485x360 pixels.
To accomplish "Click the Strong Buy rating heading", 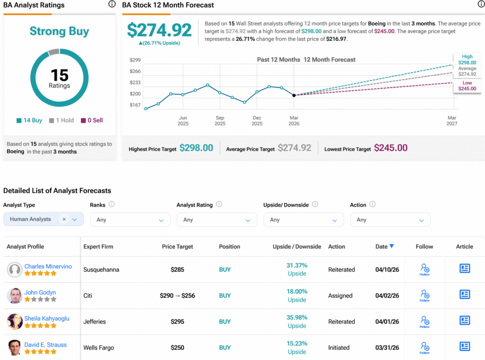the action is click(59, 31).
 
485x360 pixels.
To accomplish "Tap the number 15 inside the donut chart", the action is click(59, 75).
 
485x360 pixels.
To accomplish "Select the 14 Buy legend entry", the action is click(29, 120).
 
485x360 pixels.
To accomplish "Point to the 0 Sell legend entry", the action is click(92, 120).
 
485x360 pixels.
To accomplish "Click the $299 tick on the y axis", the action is click(135, 60).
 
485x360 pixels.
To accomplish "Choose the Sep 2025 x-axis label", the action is click(220, 121).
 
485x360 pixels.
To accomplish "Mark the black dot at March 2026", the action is click(294, 95).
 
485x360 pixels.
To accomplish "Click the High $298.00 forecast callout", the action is click(467, 59).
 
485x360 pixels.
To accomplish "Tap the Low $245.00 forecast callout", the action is click(467, 86).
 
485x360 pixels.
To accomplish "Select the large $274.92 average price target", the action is click(159, 30).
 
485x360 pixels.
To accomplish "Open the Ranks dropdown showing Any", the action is click(130, 220).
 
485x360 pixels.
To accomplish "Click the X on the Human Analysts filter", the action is click(64, 219).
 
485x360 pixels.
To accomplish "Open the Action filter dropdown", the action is click(390, 220).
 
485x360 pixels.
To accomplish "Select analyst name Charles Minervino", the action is click(48, 266).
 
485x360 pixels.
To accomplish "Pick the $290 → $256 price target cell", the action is click(177, 296).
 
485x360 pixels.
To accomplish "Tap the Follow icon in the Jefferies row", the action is click(425, 322).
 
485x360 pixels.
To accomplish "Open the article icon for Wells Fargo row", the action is click(465, 346).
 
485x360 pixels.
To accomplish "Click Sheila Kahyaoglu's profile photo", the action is click(15, 322).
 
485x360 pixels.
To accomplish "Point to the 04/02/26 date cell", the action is click(387, 296).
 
